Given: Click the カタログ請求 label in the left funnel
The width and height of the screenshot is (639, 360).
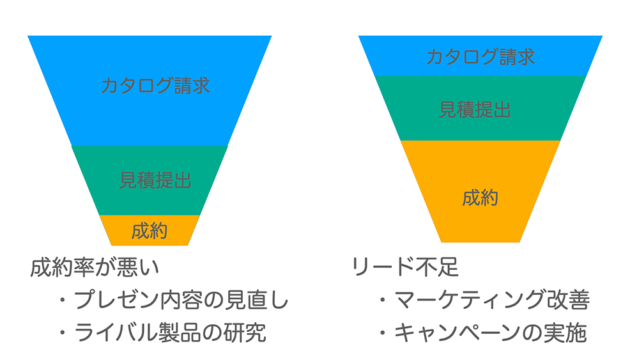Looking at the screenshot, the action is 155,86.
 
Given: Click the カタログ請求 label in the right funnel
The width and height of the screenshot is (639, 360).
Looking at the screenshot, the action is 481,57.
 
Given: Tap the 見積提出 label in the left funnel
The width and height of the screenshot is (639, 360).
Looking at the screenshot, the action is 155,180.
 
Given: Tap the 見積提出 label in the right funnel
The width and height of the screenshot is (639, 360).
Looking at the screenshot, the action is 475,110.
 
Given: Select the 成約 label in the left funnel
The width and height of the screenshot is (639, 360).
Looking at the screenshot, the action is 150,231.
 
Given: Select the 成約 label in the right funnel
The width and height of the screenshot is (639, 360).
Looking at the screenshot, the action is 480,198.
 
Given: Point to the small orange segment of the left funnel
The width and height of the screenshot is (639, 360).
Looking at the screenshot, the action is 150,230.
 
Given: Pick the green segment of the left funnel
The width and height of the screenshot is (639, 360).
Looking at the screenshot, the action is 150,180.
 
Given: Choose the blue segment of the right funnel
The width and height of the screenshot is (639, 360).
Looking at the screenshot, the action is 481,56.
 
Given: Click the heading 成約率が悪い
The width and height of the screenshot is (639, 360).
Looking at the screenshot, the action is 95,268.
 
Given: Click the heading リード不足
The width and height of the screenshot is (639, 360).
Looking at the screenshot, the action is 406,267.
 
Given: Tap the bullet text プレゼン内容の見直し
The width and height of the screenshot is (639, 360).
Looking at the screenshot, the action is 181,300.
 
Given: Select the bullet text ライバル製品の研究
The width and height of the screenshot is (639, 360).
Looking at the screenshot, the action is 171,333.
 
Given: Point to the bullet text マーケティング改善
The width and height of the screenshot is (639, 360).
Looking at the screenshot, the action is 492,300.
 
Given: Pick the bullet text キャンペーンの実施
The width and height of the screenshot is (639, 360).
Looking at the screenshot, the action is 491,333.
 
